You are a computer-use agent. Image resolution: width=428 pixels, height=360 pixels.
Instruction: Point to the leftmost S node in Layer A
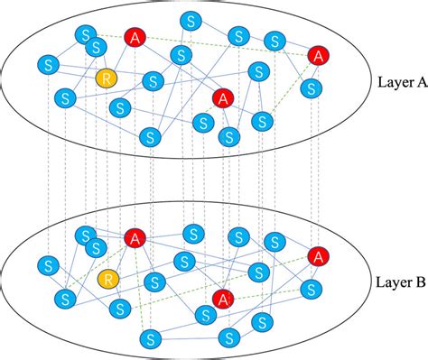click(x=49, y=65)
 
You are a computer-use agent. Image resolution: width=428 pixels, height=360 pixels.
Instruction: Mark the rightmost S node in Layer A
click(x=312, y=88)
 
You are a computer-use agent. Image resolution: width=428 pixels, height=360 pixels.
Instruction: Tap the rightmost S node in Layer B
click(x=312, y=290)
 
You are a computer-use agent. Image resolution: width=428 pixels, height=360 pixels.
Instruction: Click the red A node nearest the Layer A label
click(x=317, y=55)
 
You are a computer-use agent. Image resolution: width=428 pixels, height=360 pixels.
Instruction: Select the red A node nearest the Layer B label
click(x=317, y=257)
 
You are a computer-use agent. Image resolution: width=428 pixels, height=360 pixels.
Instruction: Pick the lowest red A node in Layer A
click(x=223, y=97)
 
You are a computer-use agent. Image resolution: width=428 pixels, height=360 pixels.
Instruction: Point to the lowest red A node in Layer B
click(x=223, y=298)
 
